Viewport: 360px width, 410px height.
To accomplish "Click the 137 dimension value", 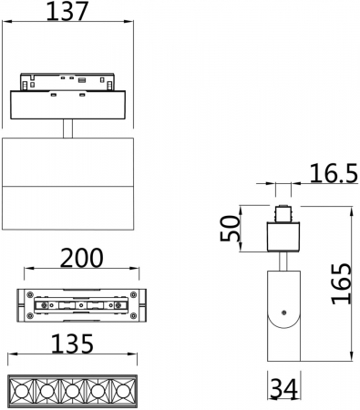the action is click(x=67, y=11).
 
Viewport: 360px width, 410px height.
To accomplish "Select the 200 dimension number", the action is click(x=82, y=258).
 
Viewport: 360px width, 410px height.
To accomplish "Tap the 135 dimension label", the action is click(x=72, y=343).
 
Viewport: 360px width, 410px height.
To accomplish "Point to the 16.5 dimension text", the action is click(x=334, y=174).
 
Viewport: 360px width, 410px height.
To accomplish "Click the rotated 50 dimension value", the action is click(x=230, y=228).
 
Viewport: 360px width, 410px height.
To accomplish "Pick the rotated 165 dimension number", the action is click(x=341, y=283).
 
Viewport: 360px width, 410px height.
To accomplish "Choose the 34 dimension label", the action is click(x=283, y=389).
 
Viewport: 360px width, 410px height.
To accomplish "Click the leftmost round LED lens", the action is click(x=21, y=391).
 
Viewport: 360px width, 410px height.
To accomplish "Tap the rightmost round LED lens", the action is click(x=123, y=391).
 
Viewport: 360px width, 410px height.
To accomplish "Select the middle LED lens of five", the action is click(x=72, y=391).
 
